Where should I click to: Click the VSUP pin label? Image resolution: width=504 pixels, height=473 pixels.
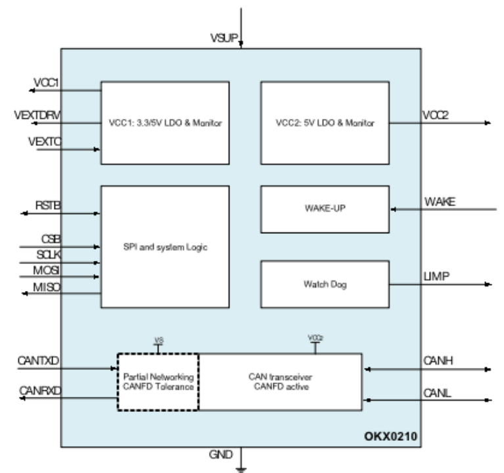(224, 38)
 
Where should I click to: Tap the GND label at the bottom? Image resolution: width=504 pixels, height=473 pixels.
(221, 455)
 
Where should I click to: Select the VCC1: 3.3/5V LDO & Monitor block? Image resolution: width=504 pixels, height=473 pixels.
(165, 123)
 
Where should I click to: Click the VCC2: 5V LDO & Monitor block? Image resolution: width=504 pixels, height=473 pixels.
(325, 123)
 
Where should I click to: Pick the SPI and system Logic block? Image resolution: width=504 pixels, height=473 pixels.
(165, 247)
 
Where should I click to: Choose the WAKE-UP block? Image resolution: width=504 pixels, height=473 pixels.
(325, 209)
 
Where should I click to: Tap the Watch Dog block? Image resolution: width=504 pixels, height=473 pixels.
(325, 284)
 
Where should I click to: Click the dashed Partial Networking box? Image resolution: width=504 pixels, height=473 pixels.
(158, 382)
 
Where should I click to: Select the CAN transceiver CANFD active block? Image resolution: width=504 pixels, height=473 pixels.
(281, 382)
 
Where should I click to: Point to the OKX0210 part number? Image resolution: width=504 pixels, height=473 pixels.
(390, 436)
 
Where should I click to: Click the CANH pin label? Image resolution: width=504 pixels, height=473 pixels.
(438, 361)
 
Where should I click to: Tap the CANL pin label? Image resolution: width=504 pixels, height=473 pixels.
(437, 393)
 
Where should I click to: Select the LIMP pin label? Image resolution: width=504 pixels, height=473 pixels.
(436, 276)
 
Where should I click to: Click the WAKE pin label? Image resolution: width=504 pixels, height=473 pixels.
(440, 202)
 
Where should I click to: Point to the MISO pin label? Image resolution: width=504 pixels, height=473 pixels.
(47, 287)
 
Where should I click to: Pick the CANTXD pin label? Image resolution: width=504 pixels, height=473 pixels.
(38, 361)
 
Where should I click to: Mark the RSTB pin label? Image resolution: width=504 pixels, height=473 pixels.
(48, 206)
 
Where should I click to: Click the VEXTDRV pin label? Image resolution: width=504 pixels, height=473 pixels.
(37, 115)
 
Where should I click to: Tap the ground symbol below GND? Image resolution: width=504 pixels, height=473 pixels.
(241, 470)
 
